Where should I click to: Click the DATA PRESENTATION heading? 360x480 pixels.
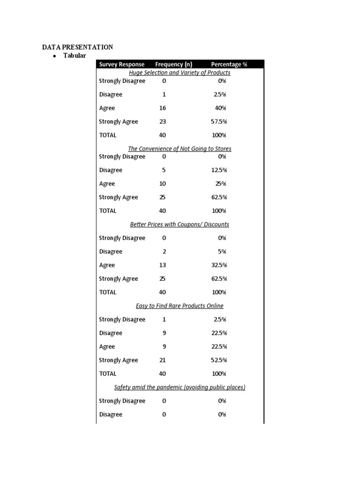77,47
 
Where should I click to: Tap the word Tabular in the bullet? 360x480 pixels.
75,56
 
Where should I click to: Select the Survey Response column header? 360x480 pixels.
122,64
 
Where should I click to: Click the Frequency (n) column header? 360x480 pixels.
173,64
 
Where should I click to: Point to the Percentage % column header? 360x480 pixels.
229,64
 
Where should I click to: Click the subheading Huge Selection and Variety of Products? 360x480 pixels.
180,73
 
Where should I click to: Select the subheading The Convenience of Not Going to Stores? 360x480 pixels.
180,149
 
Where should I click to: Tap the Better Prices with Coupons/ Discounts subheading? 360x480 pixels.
180,225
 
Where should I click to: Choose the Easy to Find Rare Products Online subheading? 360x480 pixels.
180,306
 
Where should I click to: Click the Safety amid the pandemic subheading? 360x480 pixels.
180,388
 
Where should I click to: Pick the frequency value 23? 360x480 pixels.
163,122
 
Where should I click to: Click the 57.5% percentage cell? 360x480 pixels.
219,122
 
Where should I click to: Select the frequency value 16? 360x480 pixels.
163,108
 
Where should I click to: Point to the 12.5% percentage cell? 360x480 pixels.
219,170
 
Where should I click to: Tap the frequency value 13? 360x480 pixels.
163,265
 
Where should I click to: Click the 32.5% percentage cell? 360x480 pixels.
219,265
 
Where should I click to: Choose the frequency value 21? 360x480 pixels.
163,360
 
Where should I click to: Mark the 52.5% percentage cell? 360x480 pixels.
219,360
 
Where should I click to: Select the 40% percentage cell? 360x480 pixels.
220,108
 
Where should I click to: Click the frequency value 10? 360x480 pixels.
163,184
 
